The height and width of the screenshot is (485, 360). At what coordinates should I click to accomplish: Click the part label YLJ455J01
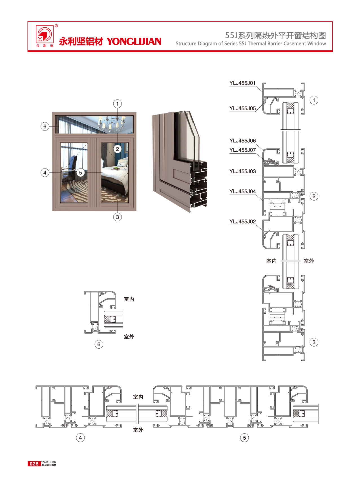tap(242, 83)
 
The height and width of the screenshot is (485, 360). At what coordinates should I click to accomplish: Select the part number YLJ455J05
tap(242, 108)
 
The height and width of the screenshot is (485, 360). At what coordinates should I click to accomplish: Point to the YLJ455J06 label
tap(242, 141)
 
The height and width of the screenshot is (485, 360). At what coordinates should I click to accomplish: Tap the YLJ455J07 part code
tap(242, 150)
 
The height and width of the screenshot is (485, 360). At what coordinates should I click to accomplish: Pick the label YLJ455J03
tap(242, 171)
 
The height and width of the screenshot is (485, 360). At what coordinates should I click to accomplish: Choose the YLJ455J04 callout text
tap(242, 191)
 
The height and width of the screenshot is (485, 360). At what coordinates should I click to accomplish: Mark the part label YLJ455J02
tap(242, 222)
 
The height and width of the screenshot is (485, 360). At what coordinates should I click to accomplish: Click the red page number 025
tap(34, 464)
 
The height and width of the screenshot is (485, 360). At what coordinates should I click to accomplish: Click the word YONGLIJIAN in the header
tap(134, 41)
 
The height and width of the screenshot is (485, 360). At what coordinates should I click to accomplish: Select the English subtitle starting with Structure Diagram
tap(251, 44)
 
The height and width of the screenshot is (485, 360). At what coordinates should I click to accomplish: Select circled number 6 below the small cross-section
tap(99, 344)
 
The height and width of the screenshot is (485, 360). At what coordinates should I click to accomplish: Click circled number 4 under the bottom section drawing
tap(80, 438)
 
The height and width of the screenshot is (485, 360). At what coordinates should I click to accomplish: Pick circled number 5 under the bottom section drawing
tap(244, 438)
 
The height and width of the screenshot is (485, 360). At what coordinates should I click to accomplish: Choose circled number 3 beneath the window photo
tap(118, 217)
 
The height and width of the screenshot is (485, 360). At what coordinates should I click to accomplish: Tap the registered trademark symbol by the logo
tap(56, 26)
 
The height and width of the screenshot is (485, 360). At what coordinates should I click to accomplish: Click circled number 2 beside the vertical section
tap(314, 196)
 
